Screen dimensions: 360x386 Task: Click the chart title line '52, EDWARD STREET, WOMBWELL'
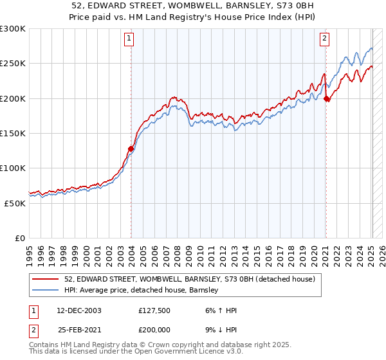193,6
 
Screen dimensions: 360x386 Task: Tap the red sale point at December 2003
131,149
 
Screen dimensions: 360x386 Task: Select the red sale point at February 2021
327,98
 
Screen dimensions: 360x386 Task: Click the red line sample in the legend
46,279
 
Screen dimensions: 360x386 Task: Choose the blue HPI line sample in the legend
46,290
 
